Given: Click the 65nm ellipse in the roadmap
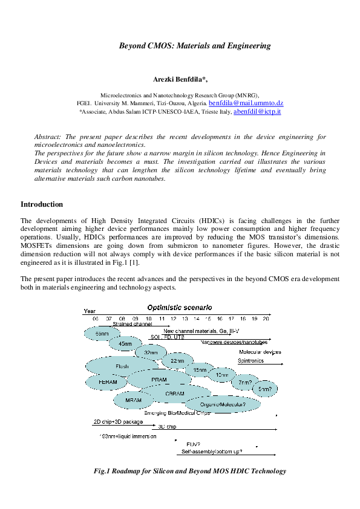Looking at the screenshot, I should (x=102, y=333).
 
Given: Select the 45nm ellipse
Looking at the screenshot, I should (x=125, y=344).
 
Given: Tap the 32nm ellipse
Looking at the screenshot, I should (x=151, y=352).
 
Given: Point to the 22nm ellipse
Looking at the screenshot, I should (x=177, y=361).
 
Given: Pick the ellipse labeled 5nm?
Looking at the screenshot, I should (x=265, y=389).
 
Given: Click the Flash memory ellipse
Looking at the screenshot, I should (x=122, y=366).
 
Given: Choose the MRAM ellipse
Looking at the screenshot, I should (x=134, y=400).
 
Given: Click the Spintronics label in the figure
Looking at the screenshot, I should (x=250, y=360).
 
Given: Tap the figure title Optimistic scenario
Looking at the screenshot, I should (x=180, y=307).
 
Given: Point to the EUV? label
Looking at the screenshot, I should (x=194, y=444).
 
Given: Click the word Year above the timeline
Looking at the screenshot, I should (x=89, y=311).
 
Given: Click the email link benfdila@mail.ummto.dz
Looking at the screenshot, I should (x=246, y=104).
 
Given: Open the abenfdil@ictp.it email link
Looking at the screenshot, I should (x=257, y=112).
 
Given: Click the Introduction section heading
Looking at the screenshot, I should (x=42, y=204).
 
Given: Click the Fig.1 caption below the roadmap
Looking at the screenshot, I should (x=189, y=470).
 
